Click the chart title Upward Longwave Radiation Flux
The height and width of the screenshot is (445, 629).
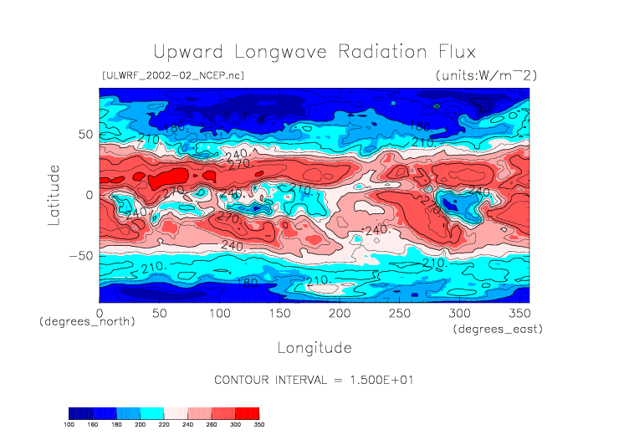(x=314, y=51)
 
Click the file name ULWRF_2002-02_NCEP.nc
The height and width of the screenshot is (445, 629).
(x=172, y=75)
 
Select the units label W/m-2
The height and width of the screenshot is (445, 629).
(x=486, y=75)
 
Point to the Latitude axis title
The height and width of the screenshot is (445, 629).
(x=54, y=195)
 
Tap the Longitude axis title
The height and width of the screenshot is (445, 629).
(x=314, y=346)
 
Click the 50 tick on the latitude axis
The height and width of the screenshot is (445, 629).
(x=84, y=134)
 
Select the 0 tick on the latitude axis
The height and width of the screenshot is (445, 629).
(x=89, y=195)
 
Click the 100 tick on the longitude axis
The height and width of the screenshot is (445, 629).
(x=219, y=313)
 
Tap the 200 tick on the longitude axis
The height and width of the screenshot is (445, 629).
(x=339, y=313)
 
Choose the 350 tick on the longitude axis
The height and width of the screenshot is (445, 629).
(x=519, y=313)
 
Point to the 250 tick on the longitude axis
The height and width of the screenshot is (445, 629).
(x=399, y=313)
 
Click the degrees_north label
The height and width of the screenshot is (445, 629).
(x=87, y=322)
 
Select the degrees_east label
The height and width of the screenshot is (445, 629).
(x=499, y=330)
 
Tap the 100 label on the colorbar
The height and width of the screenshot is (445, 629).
(x=69, y=424)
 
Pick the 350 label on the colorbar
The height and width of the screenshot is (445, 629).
(x=258, y=424)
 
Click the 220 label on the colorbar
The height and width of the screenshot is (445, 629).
(x=164, y=424)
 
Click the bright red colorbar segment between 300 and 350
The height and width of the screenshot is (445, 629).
(x=247, y=412)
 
